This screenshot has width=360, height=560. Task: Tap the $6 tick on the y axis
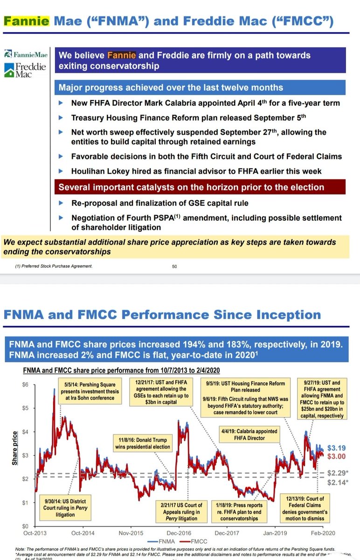coord(18,384)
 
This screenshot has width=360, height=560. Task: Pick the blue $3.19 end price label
coord(335,447)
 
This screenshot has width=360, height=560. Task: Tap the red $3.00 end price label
coord(335,456)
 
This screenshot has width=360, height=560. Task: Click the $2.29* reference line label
coord(337,472)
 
